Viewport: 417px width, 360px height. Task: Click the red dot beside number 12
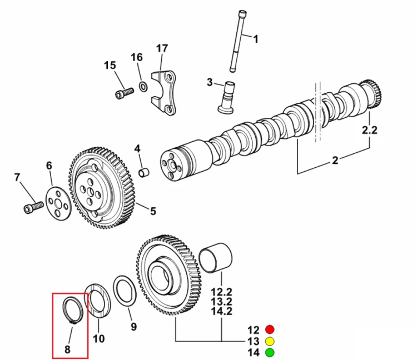tap(270, 329)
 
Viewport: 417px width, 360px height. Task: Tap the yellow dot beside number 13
tap(270, 341)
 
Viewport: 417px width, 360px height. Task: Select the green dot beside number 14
tap(270, 353)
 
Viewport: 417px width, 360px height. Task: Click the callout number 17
tap(162, 48)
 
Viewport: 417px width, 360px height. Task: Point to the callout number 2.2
tap(370, 130)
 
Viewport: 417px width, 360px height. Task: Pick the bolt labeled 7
tap(33, 207)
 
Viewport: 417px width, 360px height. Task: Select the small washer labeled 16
tap(143, 87)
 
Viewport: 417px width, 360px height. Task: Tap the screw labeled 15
tap(125, 93)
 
